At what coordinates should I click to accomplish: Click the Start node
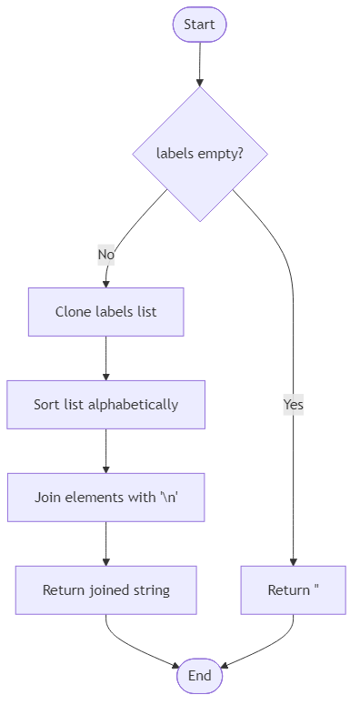[199, 25]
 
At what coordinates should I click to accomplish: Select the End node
[199, 676]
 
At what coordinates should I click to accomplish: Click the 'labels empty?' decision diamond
[199, 154]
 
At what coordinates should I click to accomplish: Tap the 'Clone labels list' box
[105, 311]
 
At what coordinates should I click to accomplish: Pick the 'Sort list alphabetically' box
[105, 404]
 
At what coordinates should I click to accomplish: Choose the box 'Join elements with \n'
[105, 498]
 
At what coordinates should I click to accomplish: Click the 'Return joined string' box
[105, 589]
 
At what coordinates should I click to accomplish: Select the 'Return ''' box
[293, 589]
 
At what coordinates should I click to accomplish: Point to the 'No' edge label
[106, 256]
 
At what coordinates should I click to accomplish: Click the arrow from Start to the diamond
[199, 64]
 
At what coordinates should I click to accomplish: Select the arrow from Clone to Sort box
[105, 357]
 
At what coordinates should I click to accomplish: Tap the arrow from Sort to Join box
[105, 451]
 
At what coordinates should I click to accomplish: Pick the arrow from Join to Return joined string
[105, 544]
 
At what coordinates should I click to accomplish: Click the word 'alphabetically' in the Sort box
[133, 404]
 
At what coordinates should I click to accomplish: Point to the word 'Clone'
[73, 311]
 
